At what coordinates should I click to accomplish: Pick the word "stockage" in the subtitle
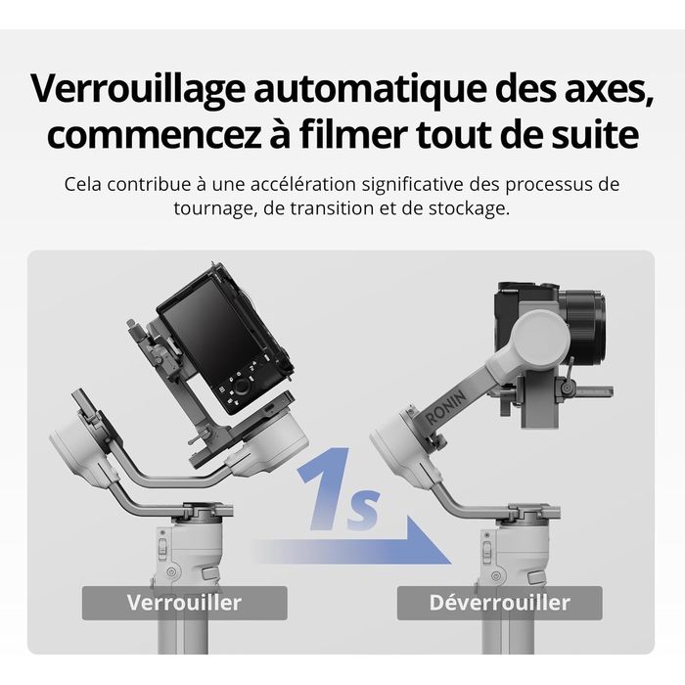pos(469,208)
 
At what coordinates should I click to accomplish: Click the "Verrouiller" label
pos(184,603)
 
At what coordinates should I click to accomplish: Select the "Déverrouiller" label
pos(499,603)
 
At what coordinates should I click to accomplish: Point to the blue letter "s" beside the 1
pos(362,510)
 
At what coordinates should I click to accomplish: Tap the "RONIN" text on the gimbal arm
pos(445,406)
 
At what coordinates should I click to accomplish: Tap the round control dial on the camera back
pos(241,387)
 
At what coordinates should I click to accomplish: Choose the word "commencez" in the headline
pos(154,134)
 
